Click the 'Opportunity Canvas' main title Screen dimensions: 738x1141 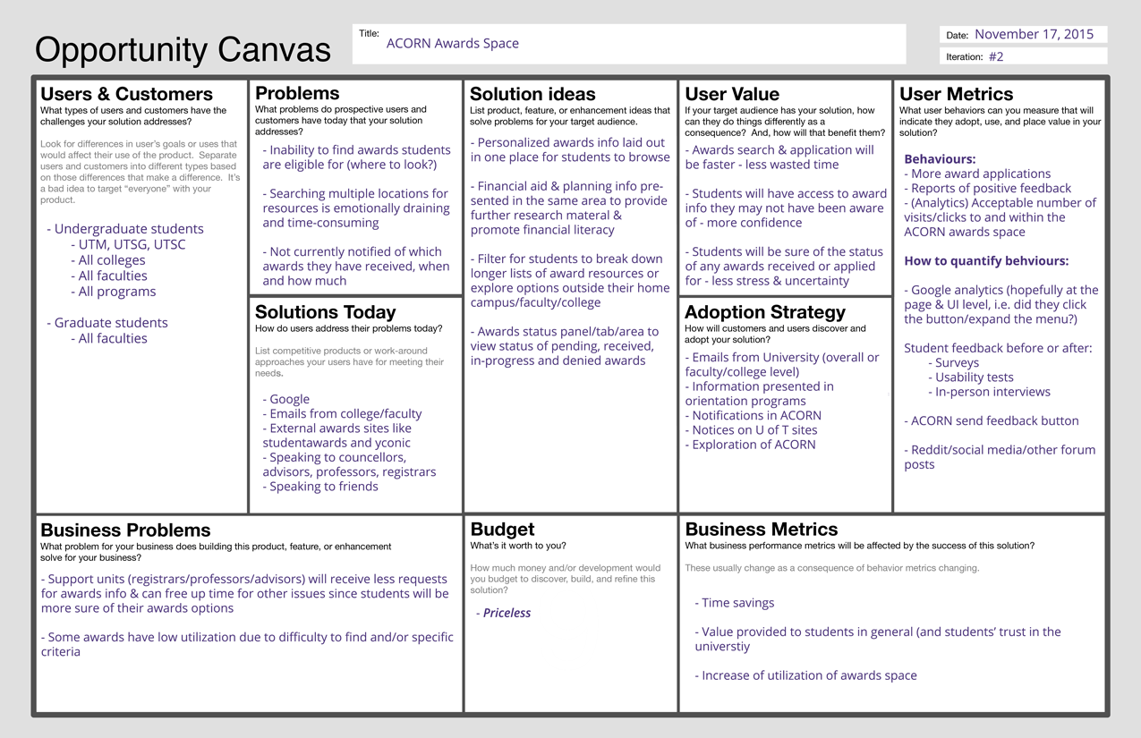coord(183,49)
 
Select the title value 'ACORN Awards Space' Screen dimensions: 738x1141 coord(452,43)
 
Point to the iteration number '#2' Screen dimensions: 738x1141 coord(996,56)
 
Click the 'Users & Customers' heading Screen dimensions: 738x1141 coord(126,94)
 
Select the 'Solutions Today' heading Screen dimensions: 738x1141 coord(325,312)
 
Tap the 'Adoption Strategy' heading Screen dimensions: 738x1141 coord(764,312)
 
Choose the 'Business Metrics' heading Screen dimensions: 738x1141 coord(761,530)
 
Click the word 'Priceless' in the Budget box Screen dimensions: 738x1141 coord(507,613)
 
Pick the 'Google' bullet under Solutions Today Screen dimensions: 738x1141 coord(289,399)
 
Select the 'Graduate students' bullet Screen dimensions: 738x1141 coord(111,323)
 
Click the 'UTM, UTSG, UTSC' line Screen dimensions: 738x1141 coord(132,244)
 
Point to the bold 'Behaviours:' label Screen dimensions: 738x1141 coord(940,159)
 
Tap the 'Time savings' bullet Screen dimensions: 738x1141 coord(737,603)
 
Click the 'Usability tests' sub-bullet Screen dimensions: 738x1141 coord(974,377)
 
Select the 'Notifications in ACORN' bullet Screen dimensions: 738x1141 coord(756,415)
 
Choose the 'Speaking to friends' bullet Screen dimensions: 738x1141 coord(323,487)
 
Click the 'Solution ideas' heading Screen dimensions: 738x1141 coord(532,94)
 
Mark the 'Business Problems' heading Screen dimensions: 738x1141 coord(125,530)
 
